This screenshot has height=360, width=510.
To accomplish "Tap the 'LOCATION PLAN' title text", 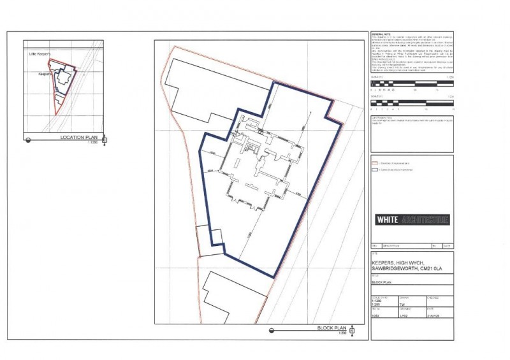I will pyautogui.click(x=78, y=138).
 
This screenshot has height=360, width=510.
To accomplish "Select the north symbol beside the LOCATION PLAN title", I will pyautogui.click(x=105, y=140).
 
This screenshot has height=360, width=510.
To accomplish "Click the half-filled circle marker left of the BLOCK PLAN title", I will pyautogui.click(x=272, y=330).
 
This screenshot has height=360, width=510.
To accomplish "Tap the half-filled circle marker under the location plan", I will pyautogui.click(x=28, y=140).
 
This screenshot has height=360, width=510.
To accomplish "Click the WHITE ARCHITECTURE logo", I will pyautogui.click(x=412, y=220).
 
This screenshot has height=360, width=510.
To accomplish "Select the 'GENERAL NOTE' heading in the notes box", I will pyautogui.click(x=381, y=34).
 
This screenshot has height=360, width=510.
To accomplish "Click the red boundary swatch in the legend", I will pyautogui.click(x=374, y=163).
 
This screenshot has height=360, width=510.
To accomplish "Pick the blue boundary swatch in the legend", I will pyautogui.click(x=374, y=169).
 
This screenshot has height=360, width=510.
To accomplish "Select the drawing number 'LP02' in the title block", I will pyautogui.click(x=404, y=316).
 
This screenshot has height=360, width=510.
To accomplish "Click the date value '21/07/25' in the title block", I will pyautogui.click(x=433, y=316).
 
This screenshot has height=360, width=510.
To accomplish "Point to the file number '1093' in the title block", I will pyautogui.click(x=376, y=316).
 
